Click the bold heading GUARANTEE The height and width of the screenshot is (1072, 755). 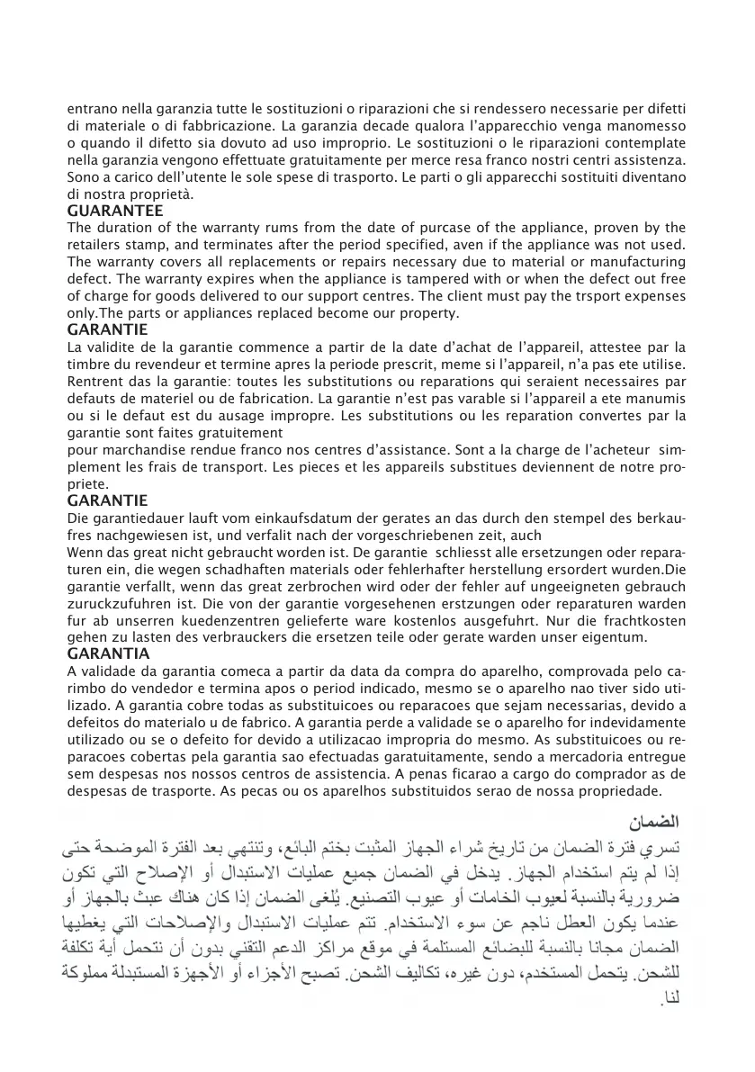(x=115, y=211)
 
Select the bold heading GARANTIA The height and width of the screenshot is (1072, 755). (x=109, y=653)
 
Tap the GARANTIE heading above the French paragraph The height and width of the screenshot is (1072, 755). (x=108, y=329)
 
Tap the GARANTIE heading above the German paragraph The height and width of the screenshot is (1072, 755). (x=108, y=500)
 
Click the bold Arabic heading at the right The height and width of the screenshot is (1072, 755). (x=653, y=821)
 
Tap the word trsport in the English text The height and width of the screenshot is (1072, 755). (x=581, y=296)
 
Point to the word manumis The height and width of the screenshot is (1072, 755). (x=656, y=398)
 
